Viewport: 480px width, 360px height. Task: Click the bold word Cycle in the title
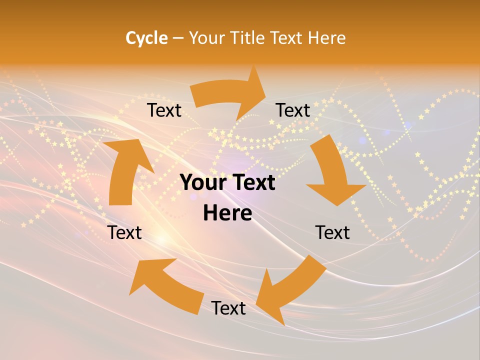pyautogui.click(x=146, y=38)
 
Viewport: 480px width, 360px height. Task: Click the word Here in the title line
pyautogui.click(x=326, y=38)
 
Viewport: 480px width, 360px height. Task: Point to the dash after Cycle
pyautogui.click(x=178, y=38)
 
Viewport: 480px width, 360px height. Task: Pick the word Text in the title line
pyautogui.click(x=286, y=38)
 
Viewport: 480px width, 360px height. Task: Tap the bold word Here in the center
pyautogui.click(x=227, y=213)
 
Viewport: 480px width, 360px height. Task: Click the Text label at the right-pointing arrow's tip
pyautogui.click(x=293, y=110)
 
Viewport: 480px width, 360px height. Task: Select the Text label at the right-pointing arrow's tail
pyautogui.click(x=164, y=110)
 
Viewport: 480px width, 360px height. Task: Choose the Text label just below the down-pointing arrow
pyautogui.click(x=332, y=232)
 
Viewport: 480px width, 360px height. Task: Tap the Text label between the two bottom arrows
pyautogui.click(x=228, y=308)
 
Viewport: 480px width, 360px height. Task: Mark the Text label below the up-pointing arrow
pyautogui.click(x=124, y=232)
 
